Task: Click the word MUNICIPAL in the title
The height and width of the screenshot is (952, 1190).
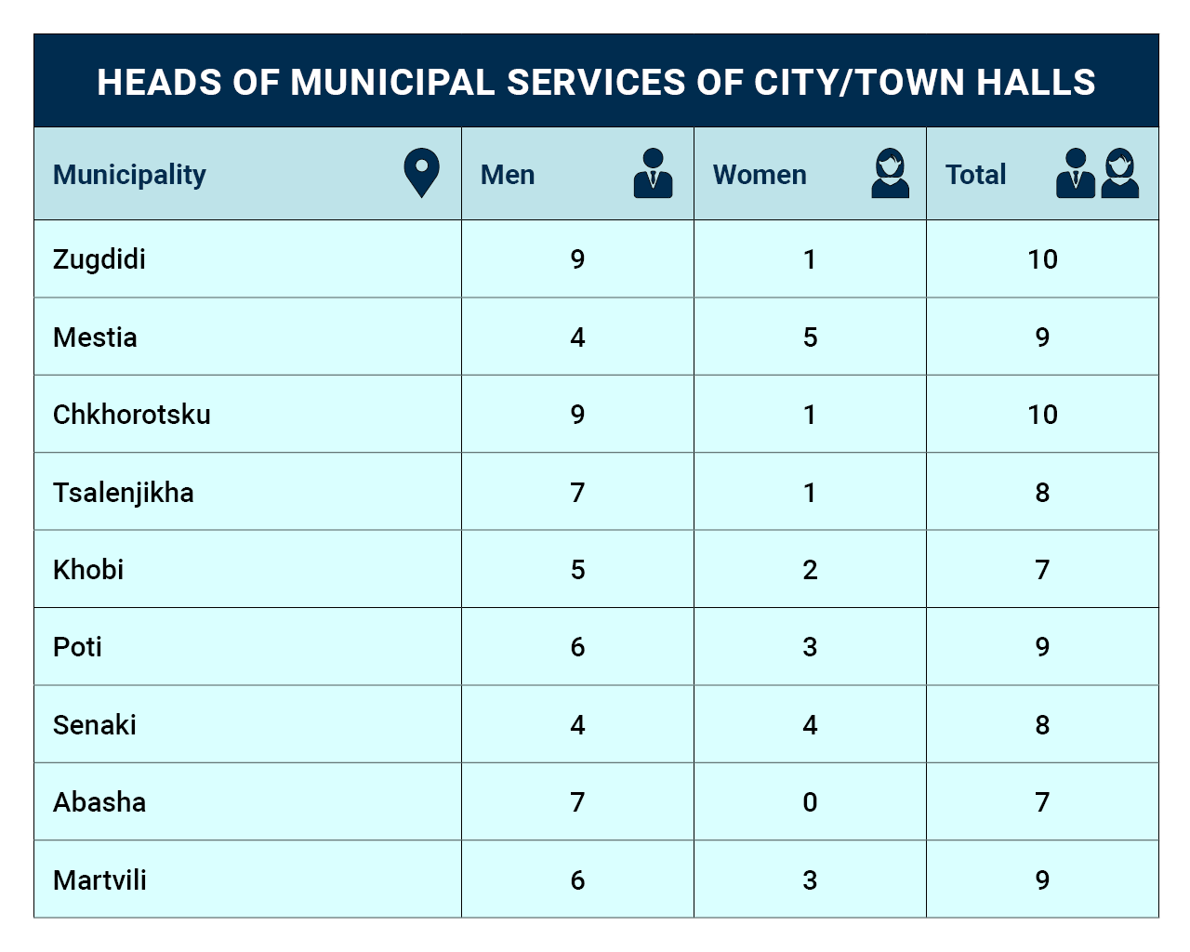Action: (x=392, y=83)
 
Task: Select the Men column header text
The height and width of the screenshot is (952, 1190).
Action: (x=507, y=175)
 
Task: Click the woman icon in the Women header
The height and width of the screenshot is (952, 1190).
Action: (x=891, y=173)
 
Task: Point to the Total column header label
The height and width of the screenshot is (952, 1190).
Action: (x=975, y=175)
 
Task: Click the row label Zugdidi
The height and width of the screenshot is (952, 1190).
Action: (x=99, y=259)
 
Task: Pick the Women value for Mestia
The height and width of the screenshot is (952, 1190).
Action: (x=810, y=337)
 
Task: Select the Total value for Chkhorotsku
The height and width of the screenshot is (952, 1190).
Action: (x=1042, y=415)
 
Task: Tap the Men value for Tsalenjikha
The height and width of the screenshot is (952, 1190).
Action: (x=577, y=493)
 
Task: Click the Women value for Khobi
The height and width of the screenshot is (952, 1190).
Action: (x=810, y=570)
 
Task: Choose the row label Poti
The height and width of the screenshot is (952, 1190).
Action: (x=77, y=647)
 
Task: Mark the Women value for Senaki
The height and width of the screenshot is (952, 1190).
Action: (x=810, y=724)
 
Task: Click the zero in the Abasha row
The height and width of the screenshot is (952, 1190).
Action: (x=810, y=802)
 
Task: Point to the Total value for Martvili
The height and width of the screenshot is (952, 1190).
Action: (x=1042, y=880)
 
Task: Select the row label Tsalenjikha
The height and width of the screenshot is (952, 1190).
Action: (x=124, y=493)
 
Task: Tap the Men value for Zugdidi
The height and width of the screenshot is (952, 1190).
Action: (x=577, y=259)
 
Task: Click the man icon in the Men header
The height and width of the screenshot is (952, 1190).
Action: (x=653, y=173)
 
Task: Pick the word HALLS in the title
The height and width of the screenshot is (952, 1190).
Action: (x=1036, y=83)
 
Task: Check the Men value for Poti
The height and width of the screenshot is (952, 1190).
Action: (x=577, y=647)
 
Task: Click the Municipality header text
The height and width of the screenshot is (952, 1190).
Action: (x=129, y=176)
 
